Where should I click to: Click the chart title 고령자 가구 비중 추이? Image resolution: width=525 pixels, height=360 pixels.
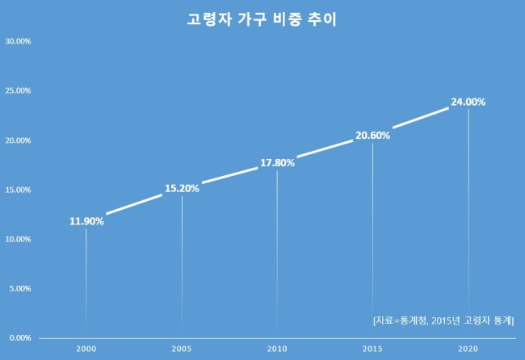(x=262, y=19)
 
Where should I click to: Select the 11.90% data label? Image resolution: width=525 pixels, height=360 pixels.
(x=86, y=221)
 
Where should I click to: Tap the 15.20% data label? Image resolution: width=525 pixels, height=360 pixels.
(x=182, y=188)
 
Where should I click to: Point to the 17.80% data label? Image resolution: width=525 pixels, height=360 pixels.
(x=277, y=163)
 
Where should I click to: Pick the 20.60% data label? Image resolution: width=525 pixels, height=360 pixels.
(x=372, y=136)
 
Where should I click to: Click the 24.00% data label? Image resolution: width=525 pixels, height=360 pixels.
(x=468, y=102)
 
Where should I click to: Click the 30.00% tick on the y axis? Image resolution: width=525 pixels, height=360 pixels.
(x=18, y=41)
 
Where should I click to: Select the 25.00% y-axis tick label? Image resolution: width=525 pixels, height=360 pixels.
(x=18, y=90)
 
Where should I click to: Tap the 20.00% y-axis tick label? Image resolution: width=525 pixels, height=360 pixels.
(x=18, y=140)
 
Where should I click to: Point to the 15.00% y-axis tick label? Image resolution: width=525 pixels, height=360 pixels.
(x=18, y=190)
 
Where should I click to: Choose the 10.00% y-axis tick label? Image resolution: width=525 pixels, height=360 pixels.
(x=18, y=239)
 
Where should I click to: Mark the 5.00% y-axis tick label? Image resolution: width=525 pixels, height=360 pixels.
(x=20, y=288)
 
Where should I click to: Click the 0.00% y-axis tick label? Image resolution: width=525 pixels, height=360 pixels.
(x=20, y=338)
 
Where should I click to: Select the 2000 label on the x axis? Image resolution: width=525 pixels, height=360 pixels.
(x=86, y=349)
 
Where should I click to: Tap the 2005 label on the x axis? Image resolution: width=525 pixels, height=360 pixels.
(x=182, y=349)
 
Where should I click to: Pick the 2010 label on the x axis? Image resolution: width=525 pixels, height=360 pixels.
(x=277, y=349)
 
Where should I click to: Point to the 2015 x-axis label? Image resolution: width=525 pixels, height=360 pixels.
(x=372, y=349)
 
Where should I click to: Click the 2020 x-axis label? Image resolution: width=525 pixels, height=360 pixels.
(x=468, y=349)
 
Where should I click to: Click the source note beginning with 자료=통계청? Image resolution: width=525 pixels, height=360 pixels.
(x=443, y=320)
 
